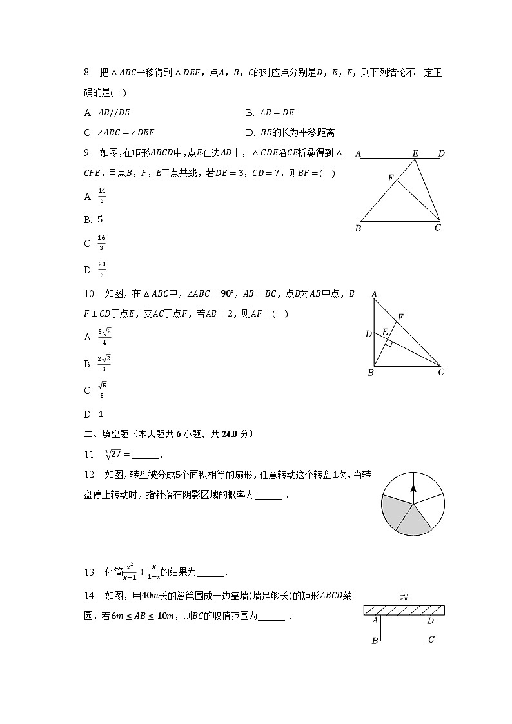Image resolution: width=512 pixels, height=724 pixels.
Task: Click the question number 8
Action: click(88, 73)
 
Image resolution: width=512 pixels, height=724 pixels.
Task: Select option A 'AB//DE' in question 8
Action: click(108, 112)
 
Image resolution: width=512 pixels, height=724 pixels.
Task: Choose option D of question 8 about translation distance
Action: click(290, 133)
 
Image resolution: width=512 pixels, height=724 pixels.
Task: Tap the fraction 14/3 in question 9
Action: click(101, 197)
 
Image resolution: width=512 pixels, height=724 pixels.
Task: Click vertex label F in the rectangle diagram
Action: click(390, 177)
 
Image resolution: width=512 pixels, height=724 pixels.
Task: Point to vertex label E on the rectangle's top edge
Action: click(415, 153)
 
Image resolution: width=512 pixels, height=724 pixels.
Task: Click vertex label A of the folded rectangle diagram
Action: click(357, 153)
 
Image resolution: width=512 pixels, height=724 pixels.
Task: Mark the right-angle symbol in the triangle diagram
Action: click(389, 343)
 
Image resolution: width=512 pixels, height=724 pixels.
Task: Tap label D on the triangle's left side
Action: click(368, 334)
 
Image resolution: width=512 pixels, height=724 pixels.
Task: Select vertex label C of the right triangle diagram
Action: click(441, 372)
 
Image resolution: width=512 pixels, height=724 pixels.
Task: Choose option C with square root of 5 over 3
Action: click(101, 390)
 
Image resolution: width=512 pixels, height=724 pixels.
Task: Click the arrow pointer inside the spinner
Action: click(413, 493)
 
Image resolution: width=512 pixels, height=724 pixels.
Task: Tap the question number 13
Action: click(90, 572)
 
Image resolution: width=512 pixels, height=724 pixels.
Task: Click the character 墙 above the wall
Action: click(404, 596)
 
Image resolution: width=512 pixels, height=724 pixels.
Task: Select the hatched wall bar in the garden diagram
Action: click(404, 610)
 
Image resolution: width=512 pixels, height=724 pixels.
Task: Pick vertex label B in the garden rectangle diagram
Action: click(374, 641)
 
